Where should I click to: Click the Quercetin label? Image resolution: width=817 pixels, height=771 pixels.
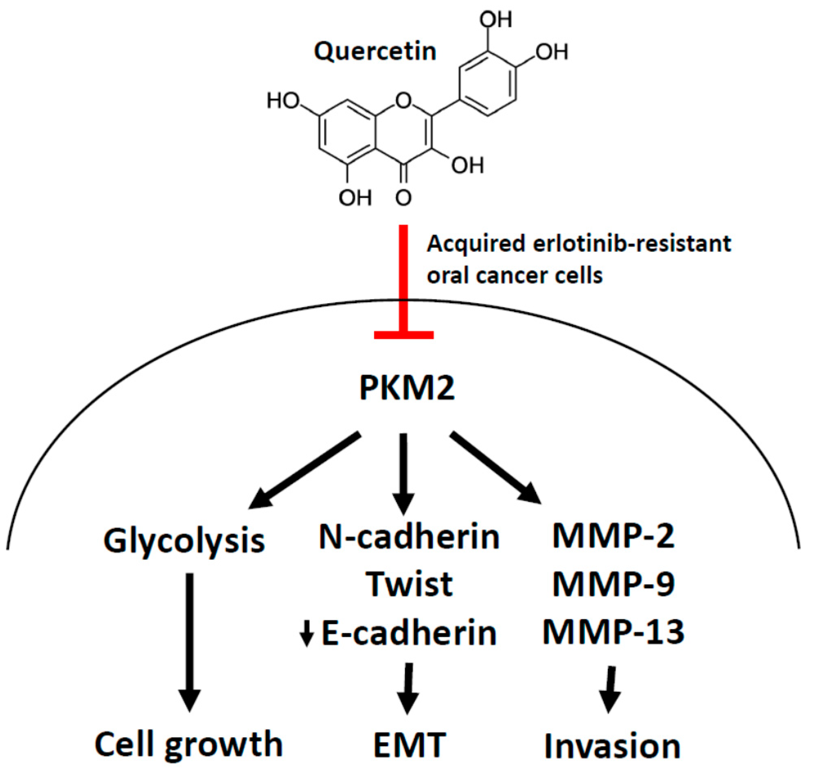point(375,52)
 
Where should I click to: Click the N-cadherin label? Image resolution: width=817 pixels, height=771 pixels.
point(409,537)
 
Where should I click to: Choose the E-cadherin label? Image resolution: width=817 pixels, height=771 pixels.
point(409,633)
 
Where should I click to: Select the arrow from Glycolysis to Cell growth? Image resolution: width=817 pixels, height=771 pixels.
point(190,641)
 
